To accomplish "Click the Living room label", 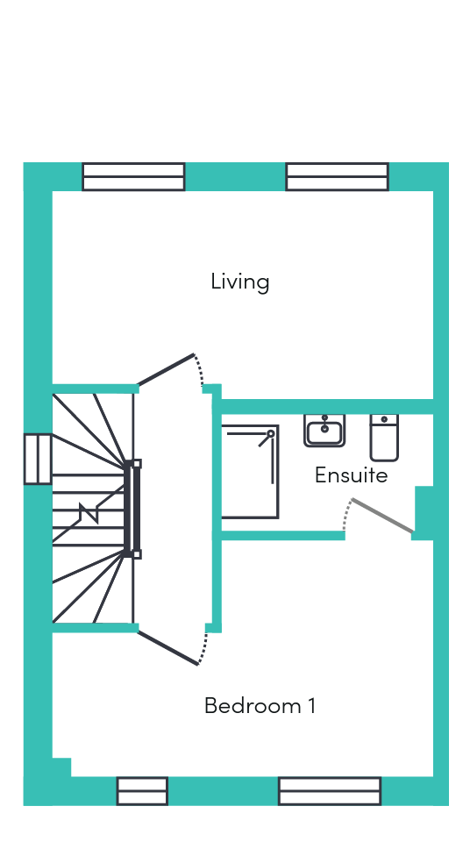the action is coord(239,282).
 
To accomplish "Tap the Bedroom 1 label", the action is coord(260,705).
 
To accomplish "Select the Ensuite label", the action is coord(351,475).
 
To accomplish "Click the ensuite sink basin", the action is coord(324,431).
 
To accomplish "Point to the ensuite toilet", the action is coord(384,438).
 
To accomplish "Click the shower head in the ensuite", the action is coord(270,434).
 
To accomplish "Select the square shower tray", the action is coord(250,472).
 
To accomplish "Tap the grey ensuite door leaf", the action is coord(382,516).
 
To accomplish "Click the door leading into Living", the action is coord(166,369).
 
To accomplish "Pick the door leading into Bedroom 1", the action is coord(167,648).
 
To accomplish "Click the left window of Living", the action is coord(134,176).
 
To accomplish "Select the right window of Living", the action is coord(337,176).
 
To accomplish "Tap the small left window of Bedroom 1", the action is coord(142,791).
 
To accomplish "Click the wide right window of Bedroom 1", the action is coord(330,791).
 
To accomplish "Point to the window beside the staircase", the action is coord(38,459).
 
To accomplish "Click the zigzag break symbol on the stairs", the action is coord(89,513).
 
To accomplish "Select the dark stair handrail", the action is coord(131,509).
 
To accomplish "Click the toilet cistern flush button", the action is coord(384,419).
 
